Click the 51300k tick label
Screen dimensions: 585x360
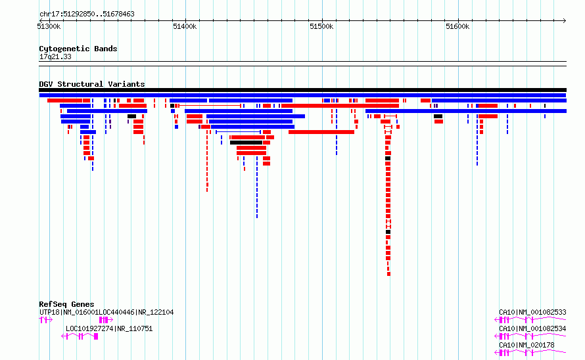49,26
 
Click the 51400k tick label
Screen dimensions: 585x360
185,26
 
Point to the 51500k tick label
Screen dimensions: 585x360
321,26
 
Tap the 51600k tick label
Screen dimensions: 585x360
457,26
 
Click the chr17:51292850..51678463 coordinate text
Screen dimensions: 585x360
87,14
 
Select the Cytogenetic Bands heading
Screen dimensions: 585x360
78,49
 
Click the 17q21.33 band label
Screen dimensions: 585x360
55,56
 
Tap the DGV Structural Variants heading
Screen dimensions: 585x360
92,84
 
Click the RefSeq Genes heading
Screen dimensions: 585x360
66,304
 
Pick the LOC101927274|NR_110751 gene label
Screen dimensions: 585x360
109,328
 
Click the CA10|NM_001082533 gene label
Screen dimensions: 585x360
532,312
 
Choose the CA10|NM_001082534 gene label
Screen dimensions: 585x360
532,328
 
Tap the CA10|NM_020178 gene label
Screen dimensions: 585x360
526,345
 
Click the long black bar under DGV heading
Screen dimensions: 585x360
302,90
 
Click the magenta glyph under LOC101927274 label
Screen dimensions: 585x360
80,336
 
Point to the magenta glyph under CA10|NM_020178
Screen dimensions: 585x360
530,353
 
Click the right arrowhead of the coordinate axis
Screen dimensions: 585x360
565,20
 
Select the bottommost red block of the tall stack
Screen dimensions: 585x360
388,274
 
